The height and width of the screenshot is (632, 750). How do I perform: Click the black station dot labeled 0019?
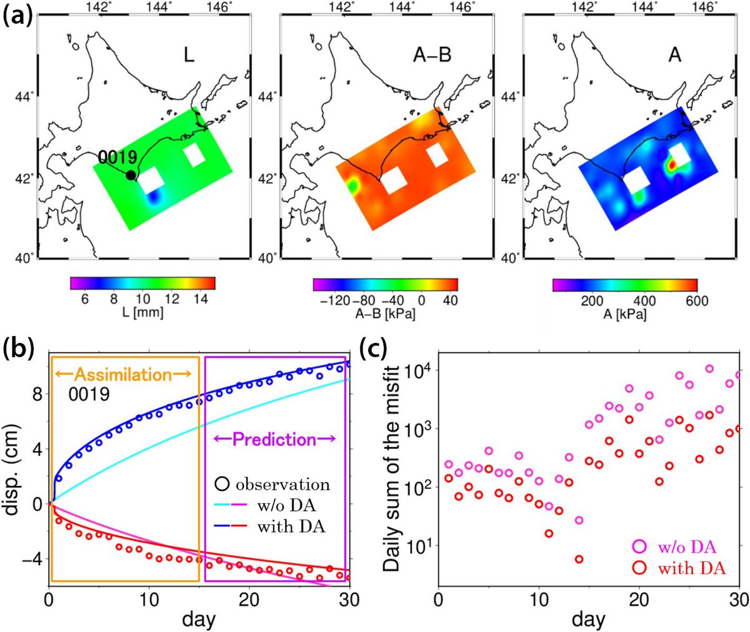[130, 175]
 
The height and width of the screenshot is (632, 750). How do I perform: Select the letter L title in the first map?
[189, 55]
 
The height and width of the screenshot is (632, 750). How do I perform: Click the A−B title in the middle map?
[432, 56]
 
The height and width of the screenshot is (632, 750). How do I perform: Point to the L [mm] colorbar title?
[142, 312]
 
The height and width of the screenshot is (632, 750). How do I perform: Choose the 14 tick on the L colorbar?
[201, 299]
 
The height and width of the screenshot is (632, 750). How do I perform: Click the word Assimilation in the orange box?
[122, 375]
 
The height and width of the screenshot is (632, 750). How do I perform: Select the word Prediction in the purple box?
[274, 440]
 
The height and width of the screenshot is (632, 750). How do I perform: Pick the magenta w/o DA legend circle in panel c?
[639, 547]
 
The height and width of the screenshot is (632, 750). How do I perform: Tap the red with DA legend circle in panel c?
[639, 568]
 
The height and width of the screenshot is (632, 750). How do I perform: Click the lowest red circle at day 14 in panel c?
[579, 559]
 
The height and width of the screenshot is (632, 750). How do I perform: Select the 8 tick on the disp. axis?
[37, 394]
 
